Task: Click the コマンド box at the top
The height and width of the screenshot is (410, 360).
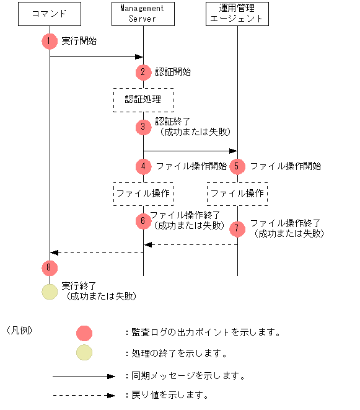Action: pyautogui.click(x=49, y=13)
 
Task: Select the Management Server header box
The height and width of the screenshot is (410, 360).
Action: pyautogui.click(x=143, y=13)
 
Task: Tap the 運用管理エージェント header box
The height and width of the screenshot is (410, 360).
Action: pyautogui.click(x=237, y=13)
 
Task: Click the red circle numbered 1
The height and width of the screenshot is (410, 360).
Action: pyautogui.click(x=50, y=42)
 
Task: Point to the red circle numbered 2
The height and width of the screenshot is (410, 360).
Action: pyautogui.click(x=144, y=72)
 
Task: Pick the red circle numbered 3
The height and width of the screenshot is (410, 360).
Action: pyautogui.click(x=144, y=127)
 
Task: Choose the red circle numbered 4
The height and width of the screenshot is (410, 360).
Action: pyautogui.click(x=144, y=166)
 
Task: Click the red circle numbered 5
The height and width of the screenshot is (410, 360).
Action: pyautogui.click(x=237, y=166)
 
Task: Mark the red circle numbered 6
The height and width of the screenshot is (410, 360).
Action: pyautogui.click(x=144, y=221)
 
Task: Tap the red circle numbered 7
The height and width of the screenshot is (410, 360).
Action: pyautogui.click(x=237, y=228)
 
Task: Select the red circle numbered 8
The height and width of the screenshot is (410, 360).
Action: pyautogui.click(x=50, y=267)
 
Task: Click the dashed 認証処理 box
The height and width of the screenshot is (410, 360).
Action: pyautogui.click(x=143, y=99)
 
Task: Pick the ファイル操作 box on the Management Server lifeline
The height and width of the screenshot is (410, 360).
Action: pyautogui.click(x=143, y=194)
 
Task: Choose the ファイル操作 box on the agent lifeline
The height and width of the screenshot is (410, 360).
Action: pyautogui.click(x=237, y=194)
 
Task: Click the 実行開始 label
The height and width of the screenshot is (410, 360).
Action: pyautogui.click(x=79, y=42)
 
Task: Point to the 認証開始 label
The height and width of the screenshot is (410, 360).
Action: pyautogui.click(x=173, y=72)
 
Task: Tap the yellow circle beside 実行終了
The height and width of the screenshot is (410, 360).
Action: pyautogui.click(x=50, y=292)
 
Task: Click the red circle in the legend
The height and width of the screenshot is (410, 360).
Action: pyautogui.click(x=84, y=333)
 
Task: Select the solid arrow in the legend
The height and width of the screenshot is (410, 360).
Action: pyautogui.click(x=84, y=376)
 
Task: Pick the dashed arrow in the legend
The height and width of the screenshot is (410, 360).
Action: pyautogui.click(x=84, y=395)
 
